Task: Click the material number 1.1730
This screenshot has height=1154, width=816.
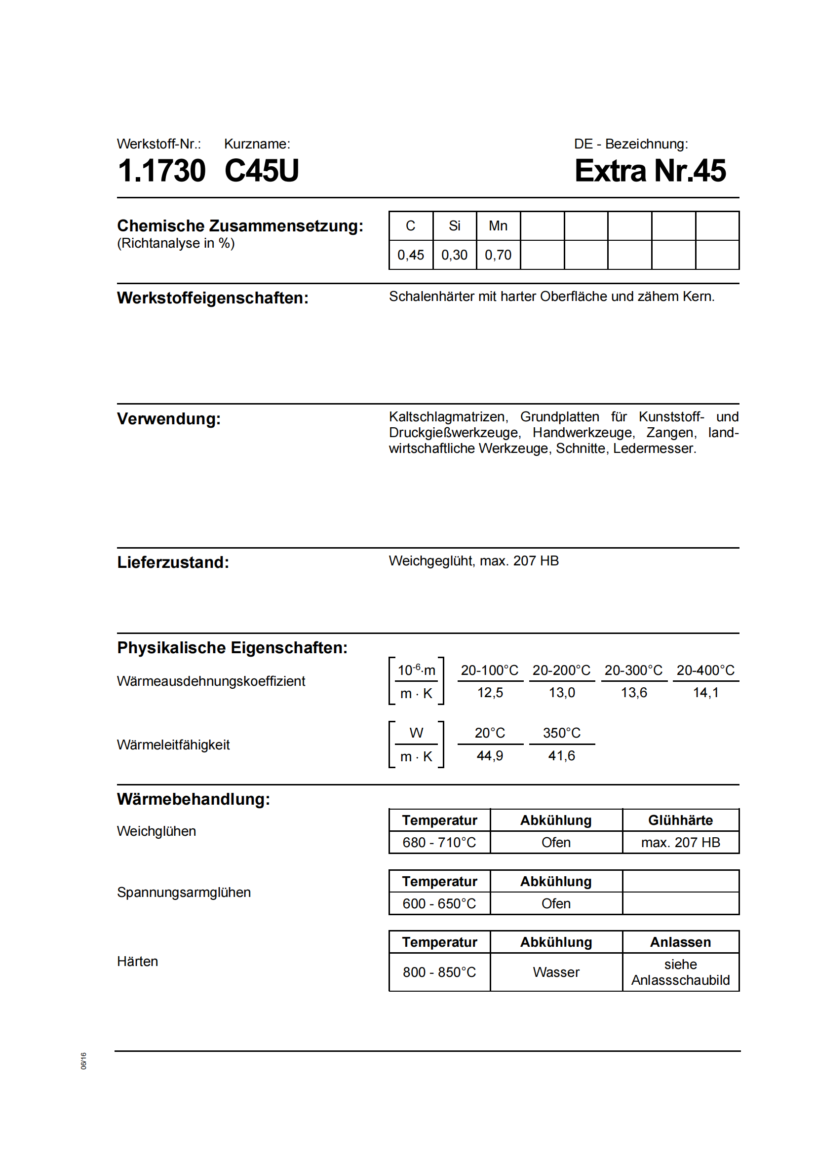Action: [x=161, y=171]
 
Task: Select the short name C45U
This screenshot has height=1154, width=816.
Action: [x=262, y=171]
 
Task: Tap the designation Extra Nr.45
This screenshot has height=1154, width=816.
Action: [x=650, y=171]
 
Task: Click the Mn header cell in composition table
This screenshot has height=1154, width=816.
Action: [x=498, y=226]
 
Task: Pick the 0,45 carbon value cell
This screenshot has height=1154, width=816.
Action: [x=410, y=255]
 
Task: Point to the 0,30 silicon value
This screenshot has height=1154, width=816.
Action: [x=454, y=255]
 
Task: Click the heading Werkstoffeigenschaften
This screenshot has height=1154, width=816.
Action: [x=213, y=298]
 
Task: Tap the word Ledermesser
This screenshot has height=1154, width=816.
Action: [x=654, y=448]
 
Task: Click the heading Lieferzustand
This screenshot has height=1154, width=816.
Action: [x=173, y=562]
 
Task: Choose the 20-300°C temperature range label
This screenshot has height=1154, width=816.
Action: [x=633, y=670]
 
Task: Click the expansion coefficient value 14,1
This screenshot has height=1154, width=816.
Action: [x=705, y=693]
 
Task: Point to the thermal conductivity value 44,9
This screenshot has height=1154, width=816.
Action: [x=490, y=755]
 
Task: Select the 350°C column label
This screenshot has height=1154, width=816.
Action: [x=562, y=733]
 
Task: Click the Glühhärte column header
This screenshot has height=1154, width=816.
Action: [x=680, y=820]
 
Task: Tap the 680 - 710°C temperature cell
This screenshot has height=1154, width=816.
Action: [x=439, y=842]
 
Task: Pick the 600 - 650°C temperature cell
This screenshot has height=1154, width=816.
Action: [x=439, y=904]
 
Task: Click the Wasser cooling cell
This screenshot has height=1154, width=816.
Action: [x=556, y=972]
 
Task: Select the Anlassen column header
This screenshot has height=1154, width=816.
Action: [x=680, y=942]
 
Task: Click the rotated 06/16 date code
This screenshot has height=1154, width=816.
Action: [x=83, y=1061]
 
